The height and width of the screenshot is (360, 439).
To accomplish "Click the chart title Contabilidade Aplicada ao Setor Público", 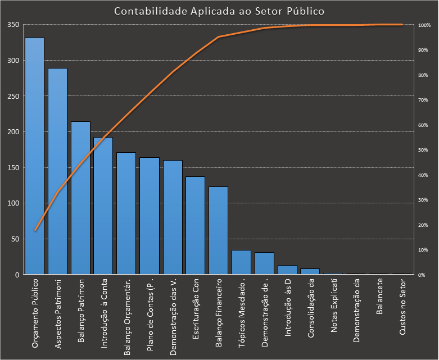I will pyautogui.click(x=219, y=11).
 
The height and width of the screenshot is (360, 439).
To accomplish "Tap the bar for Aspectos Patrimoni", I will pyautogui.click(x=57, y=171).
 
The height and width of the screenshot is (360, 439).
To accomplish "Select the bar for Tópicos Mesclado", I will pyautogui.click(x=241, y=262).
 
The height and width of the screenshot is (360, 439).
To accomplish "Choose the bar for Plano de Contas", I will pyautogui.click(x=150, y=216).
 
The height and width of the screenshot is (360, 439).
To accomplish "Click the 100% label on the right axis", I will pyautogui.click(x=424, y=25).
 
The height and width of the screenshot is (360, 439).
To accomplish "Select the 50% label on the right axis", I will pyautogui.click(x=423, y=150).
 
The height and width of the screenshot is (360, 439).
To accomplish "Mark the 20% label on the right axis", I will pyautogui.click(x=423, y=225).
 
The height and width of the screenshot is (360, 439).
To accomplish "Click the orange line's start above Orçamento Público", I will pyautogui.click(x=35, y=230).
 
